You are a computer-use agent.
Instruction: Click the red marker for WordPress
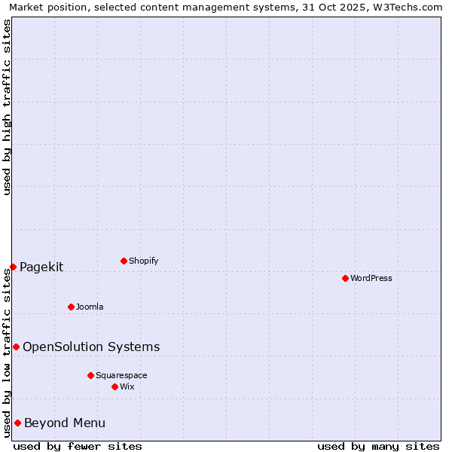tap(345, 278)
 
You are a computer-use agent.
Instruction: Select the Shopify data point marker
tap(124, 261)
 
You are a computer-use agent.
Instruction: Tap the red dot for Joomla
tap(71, 307)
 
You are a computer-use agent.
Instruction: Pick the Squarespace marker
tap(90, 375)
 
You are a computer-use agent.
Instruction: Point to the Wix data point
tap(115, 386)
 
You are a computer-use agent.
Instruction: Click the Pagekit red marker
tap(13, 267)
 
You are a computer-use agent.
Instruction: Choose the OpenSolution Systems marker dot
tap(16, 347)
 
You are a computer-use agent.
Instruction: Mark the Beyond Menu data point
tap(17, 423)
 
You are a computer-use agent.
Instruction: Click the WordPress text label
tap(371, 278)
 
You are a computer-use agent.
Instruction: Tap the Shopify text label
tap(143, 261)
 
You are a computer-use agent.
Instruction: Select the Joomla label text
tap(90, 307)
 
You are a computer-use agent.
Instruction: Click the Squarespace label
tap(121, 375)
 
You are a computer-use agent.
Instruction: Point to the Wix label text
tap(127, 386)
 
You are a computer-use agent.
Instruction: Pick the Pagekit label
tap(41, 267)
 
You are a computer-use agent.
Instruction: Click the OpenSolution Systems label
tap(91, 347)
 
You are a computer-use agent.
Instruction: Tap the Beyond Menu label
tap(65, 423)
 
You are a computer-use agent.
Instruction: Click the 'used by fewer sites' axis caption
tap(78, 446)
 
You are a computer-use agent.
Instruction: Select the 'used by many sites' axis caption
tap(378, 446)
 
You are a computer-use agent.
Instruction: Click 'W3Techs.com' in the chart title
tap(405, 8)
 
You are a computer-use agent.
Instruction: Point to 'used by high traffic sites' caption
tap(8, 107)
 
